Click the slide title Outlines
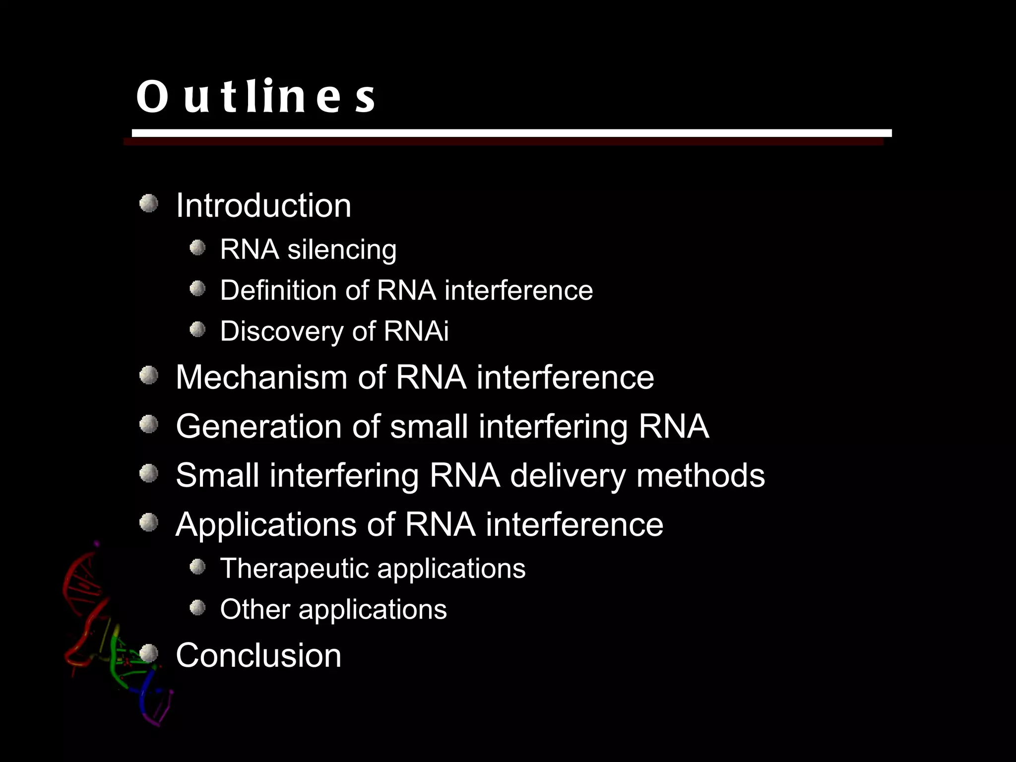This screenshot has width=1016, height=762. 255,96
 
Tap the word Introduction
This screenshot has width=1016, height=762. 263,205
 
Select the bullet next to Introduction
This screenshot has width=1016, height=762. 148,203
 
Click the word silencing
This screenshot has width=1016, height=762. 342,249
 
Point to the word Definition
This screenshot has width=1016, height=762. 278,290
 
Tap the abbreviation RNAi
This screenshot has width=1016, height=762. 416,331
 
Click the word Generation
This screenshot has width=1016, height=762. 258,426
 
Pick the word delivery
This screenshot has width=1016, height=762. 568,475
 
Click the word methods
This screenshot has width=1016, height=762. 700,475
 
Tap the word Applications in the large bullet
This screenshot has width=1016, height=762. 266,524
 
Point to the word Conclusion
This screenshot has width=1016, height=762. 258,655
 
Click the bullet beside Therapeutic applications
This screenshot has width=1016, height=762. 197,567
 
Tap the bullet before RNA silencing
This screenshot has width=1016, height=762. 197,248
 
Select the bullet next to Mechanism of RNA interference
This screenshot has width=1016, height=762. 148,376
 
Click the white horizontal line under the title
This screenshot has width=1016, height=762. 511,133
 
